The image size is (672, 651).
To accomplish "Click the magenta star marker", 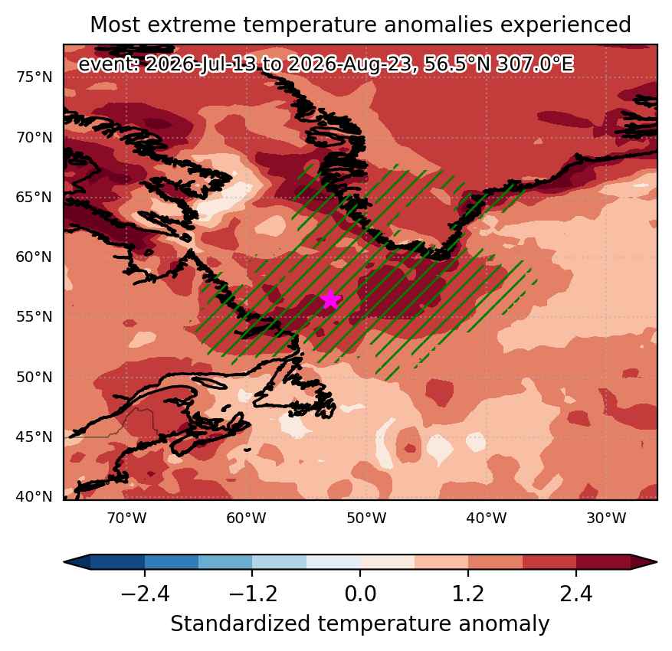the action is (330, 299).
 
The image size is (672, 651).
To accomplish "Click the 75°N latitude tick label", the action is (34, 77).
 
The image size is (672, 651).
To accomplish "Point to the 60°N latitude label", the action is (34, 257).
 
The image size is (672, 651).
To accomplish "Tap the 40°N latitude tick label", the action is (34, 497).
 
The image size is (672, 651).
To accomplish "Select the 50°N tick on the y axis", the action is (34, 377).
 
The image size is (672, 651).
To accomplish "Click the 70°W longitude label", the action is (127, 519).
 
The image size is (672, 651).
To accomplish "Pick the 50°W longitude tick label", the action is (366, 519).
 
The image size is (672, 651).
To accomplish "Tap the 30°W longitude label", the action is (606, 519).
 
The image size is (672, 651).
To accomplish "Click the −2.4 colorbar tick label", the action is (145, 594).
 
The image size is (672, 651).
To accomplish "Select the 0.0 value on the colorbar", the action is (360, 594).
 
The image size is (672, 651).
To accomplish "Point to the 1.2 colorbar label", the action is (468, 594).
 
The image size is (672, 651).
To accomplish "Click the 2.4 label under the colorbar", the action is (576, 594).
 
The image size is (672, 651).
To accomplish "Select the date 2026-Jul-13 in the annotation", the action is (201, 64).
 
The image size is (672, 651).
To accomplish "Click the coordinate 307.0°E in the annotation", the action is (534, 64).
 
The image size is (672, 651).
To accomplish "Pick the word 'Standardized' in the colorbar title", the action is (241, 623).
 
